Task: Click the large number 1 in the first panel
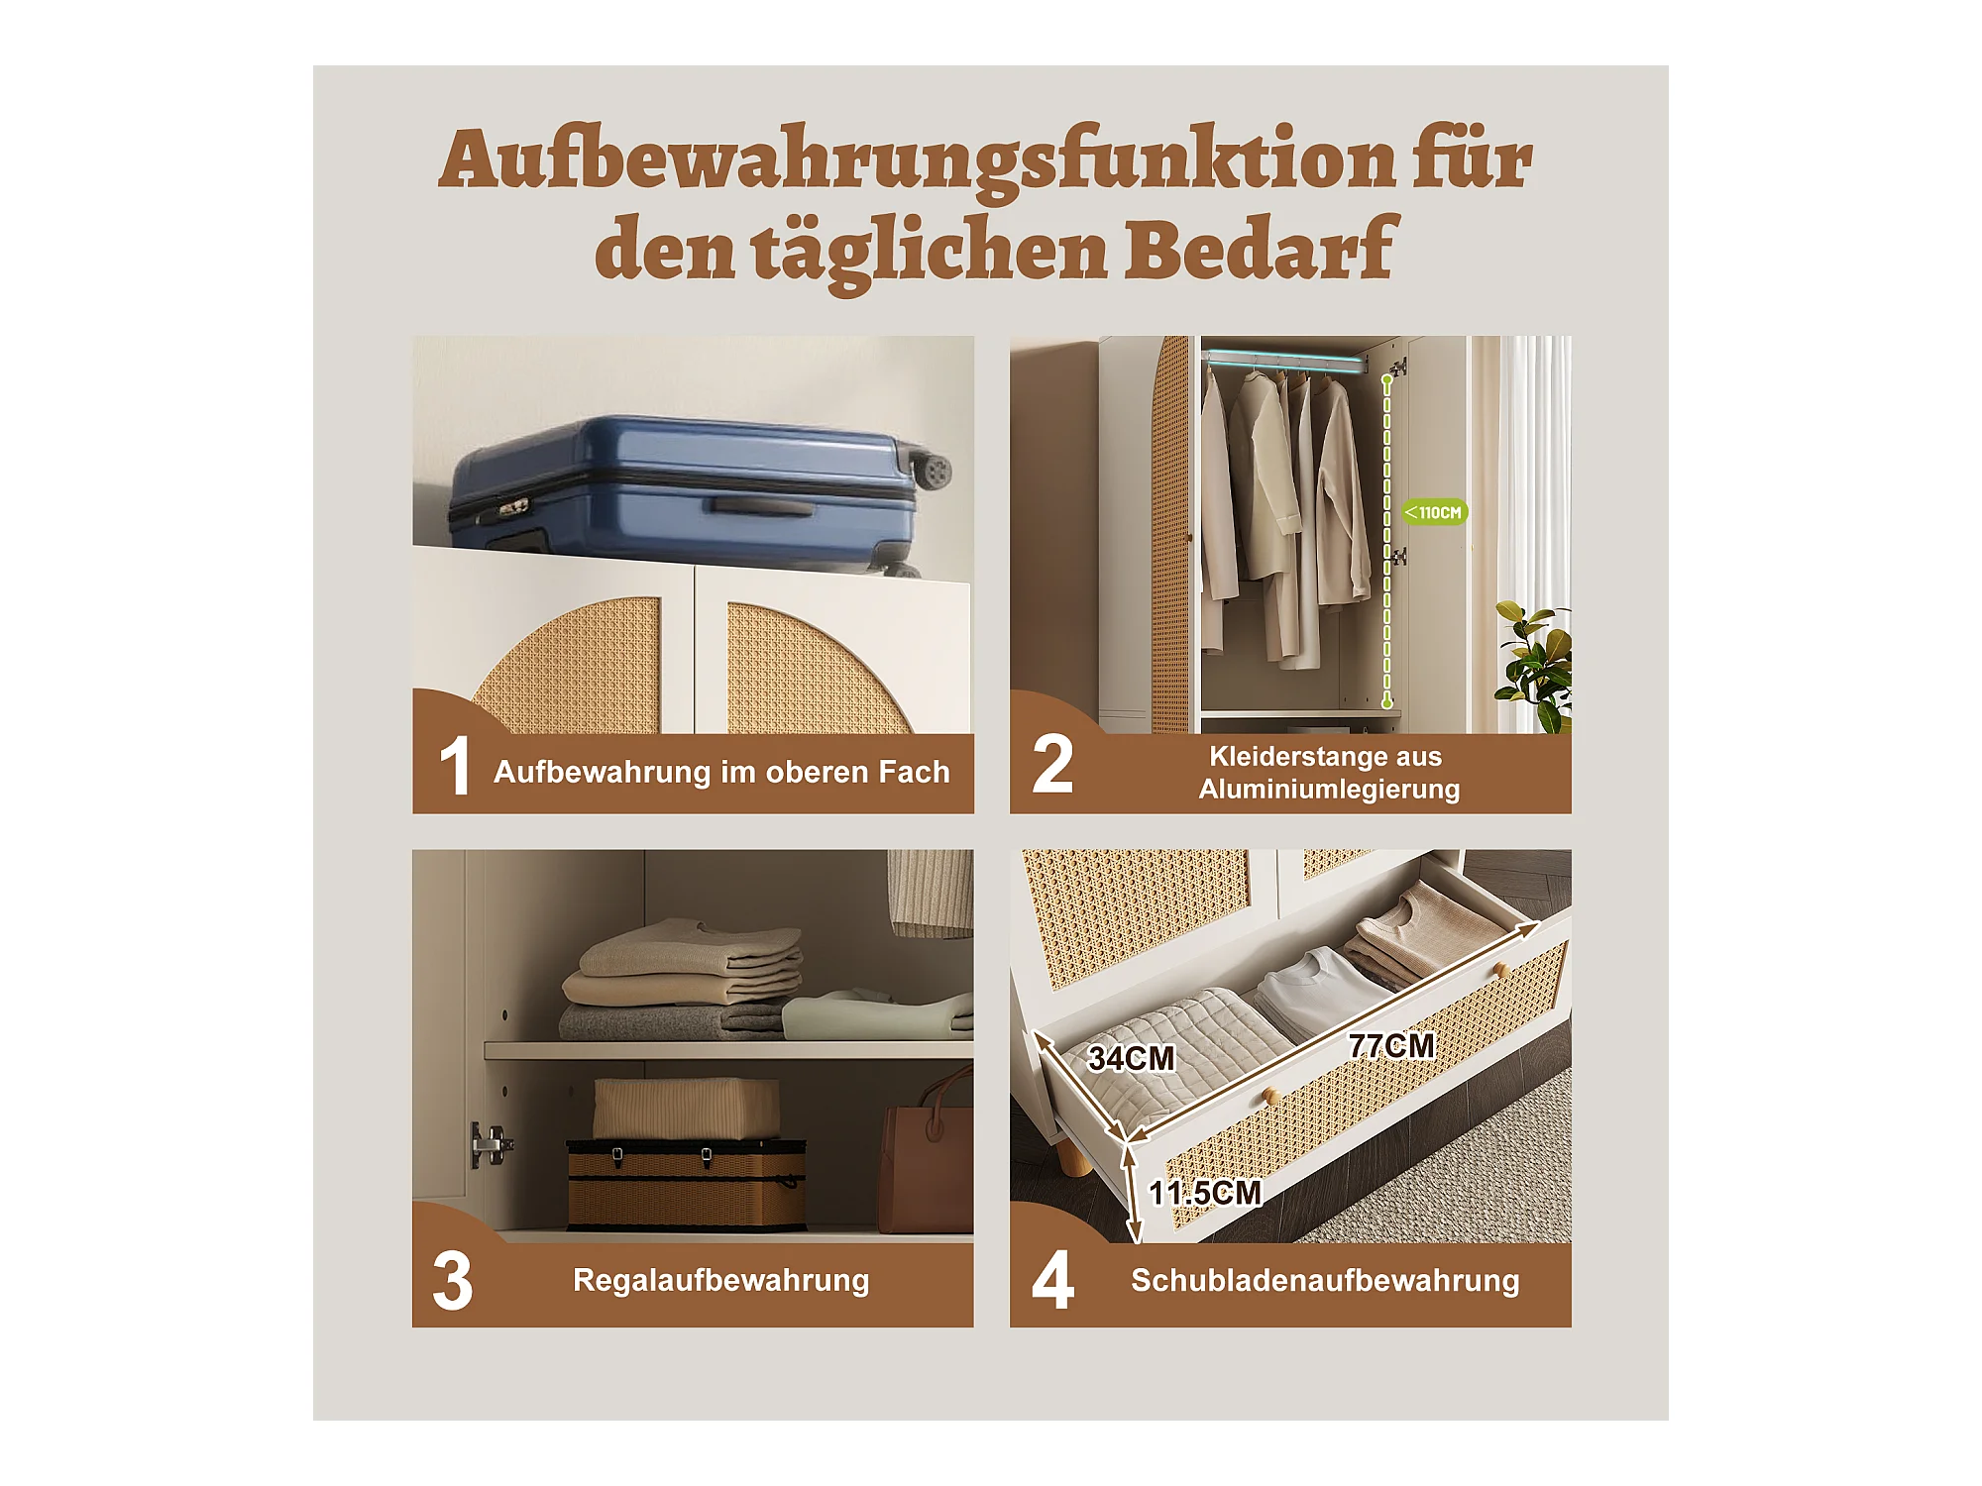tap(455, 766)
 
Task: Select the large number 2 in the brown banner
tap(1052, 764)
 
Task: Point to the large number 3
tap(453, 1281)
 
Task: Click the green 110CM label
tap(1434, 512)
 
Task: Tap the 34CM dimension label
tap(1132, 1058)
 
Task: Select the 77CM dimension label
tap(1391, 1045)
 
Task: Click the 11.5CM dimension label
tap(1205, 1193)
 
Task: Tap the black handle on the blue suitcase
tap(761, 507)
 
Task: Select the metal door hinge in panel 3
tap(489, 1144)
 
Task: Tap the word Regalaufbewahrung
tap(720, 1280)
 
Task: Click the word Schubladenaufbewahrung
tap(1325, 1280)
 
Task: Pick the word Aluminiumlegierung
tap(1329, 790)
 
